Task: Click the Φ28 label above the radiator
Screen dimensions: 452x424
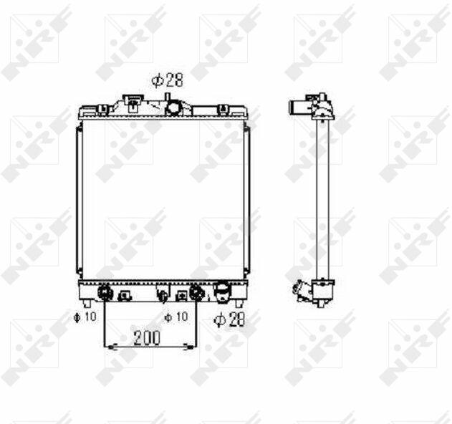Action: coord(168,80)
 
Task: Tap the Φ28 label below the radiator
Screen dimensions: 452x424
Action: coord(229,319)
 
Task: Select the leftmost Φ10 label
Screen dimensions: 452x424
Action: coord(85,317)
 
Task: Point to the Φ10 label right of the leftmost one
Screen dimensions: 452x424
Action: coord(175,317)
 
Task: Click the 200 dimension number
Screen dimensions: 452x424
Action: coord(147,337)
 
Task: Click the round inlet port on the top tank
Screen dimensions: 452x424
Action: coord(173,108)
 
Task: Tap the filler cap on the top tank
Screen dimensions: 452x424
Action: coord(133,102)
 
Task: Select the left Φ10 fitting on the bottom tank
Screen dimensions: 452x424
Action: coord(104,293)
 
